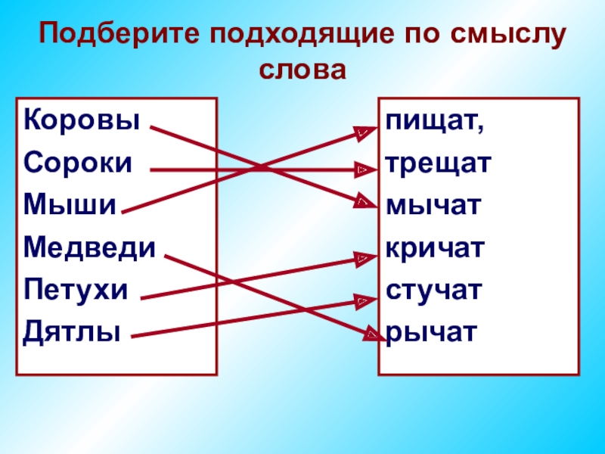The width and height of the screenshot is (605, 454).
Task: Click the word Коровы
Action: [82, 120]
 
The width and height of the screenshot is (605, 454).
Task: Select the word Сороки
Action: [79, 163]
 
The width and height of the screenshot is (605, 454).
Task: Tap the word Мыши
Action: [70, 204]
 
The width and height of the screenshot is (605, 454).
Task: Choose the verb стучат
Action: [433, 289]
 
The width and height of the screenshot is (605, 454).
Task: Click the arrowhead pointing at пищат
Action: [365, 132]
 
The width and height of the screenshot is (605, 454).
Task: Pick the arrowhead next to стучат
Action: [364, 301]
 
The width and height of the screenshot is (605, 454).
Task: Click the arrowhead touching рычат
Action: [371, 334]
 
